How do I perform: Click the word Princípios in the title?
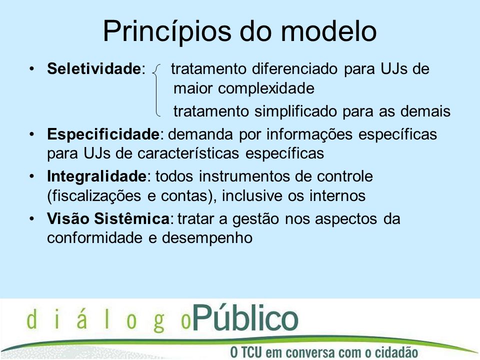point(167,32)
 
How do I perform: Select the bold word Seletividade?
point(93,68)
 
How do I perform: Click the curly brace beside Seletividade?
point(156,90)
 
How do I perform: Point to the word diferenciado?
point(295,68)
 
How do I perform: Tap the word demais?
point(425,111)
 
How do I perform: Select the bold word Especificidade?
point(103,134)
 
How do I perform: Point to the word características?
point(188,153)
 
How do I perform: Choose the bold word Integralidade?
point(96,176)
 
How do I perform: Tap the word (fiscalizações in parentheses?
point(94,196)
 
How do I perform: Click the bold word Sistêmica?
point(131,218)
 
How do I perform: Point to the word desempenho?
point(207,238)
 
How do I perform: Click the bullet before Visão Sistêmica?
point(32,219)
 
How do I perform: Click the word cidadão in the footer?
point(396,351)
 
